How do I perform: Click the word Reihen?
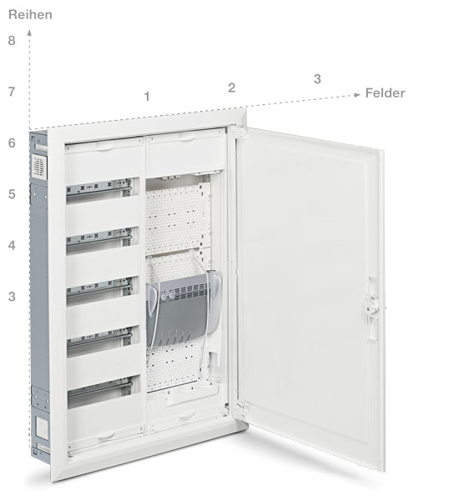pos(30,15)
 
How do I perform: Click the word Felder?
pos(385,93)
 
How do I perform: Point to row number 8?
pos(12,41)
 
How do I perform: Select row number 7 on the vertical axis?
pos(12,92)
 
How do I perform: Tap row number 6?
pos(12,142)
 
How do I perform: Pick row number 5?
pos(12,194)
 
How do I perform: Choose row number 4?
pos(12,245)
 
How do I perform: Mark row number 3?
pos(12,297)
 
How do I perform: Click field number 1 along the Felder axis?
pos(147,97)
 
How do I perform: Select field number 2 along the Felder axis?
pos(231,87)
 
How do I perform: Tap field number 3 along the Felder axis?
pos(317,79)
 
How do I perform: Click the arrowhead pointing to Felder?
pos(357,95)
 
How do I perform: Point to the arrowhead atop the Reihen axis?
pos(29,32)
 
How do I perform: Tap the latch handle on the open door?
pos(372,308)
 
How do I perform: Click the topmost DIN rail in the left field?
pos(98,187)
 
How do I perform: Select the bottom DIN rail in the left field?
pos(99,388)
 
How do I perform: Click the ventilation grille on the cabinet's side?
pos(39,167)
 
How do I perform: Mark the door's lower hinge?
pos(242,409)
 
